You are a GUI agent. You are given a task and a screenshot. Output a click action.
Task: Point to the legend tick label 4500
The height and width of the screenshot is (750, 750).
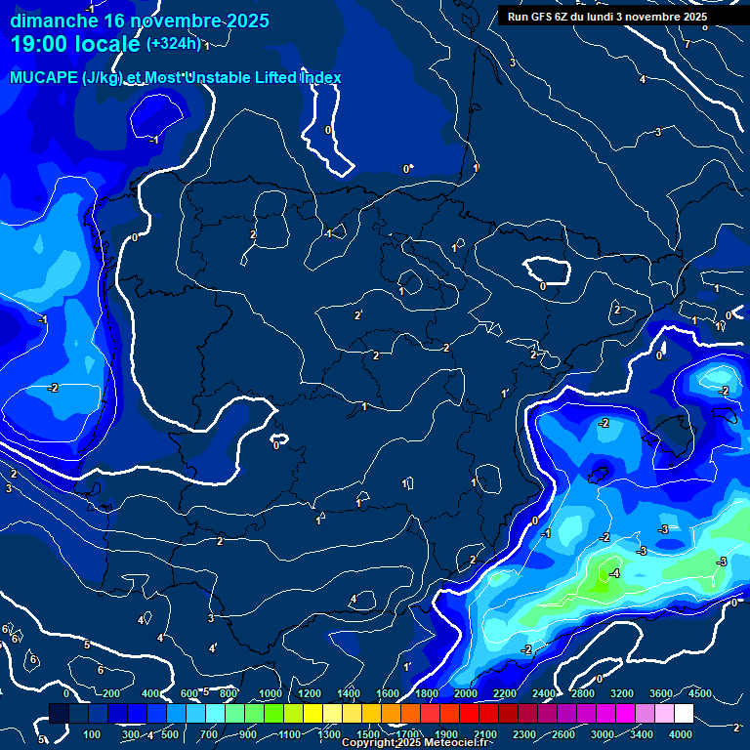coord(699,693)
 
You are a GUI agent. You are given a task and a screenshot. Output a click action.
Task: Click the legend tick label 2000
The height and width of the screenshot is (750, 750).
coord(466,693)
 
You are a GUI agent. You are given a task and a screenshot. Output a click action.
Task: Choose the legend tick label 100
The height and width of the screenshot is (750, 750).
coord(92,733)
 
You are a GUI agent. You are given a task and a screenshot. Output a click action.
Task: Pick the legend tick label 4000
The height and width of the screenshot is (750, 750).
coord(681,733)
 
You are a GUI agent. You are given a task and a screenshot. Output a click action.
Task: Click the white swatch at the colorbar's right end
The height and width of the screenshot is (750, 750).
coord(683,714)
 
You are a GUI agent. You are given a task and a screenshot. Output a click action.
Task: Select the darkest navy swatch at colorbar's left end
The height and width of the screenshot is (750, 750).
coord(59,714)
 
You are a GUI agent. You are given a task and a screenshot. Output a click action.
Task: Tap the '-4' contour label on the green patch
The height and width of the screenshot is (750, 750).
coord(613,573)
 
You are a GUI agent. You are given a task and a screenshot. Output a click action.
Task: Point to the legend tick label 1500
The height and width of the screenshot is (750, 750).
coord(368,733)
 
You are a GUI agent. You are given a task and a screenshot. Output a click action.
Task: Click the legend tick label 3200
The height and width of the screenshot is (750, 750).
coord(622,693)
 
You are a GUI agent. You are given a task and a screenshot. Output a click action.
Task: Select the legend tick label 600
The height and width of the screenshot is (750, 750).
coord(189,693)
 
